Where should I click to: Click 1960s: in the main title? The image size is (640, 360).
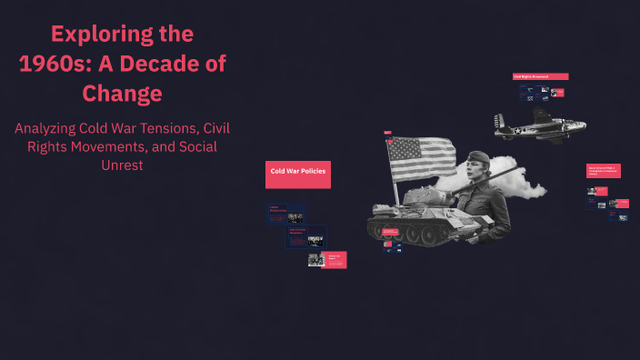[60, 64]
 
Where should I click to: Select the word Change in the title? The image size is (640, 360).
[122, 93]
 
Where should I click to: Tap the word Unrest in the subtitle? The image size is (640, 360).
[122, 167]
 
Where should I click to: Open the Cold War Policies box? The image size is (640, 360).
[298, 174]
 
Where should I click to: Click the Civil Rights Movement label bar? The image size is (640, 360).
[540, 76]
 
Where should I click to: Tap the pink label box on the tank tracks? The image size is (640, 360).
[390, 233]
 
